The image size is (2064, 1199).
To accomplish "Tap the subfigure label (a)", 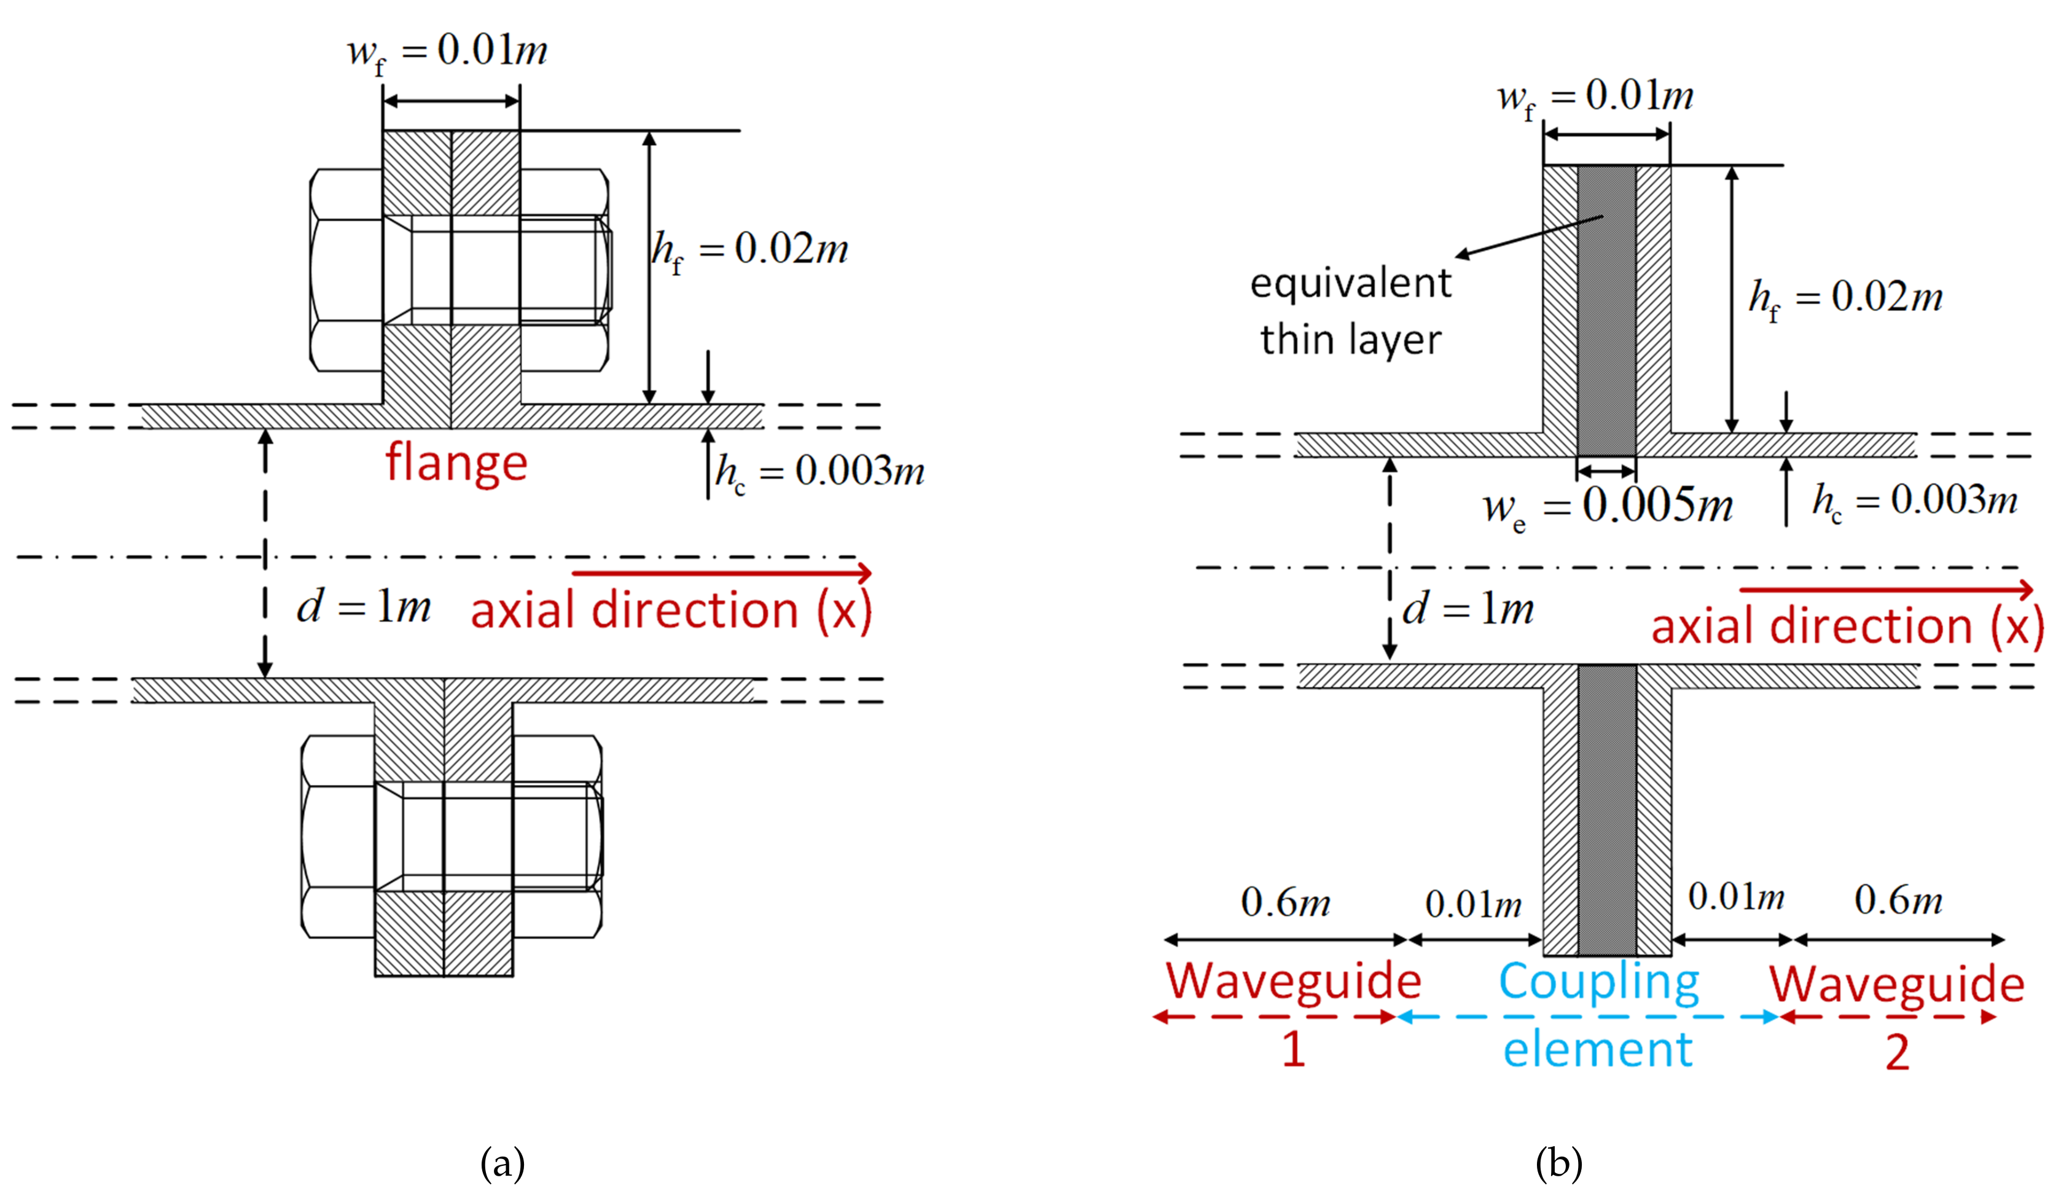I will [x=502, y=1163].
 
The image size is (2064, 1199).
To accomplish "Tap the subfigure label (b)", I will [x=1558, y=1163].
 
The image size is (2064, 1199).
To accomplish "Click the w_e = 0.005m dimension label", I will [x=1608, y=506].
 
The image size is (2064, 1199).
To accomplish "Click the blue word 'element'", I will [x=1597, y=1050].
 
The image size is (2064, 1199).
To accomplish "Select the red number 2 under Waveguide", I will [x=1897, y=1052].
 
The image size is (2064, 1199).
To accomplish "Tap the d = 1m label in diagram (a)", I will [x=363, y=607].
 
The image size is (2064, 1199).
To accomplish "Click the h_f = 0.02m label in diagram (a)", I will [x=749, y=250].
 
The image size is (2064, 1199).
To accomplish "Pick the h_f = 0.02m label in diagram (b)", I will [x=1845, y=298].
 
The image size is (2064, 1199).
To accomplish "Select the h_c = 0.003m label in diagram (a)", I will [x=819, y=472].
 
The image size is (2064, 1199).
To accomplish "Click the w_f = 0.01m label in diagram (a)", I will [x=447, y=52].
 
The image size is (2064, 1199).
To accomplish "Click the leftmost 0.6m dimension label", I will [x=1285, y=902].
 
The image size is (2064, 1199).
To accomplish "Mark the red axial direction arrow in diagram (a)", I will [x=721, y=572].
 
